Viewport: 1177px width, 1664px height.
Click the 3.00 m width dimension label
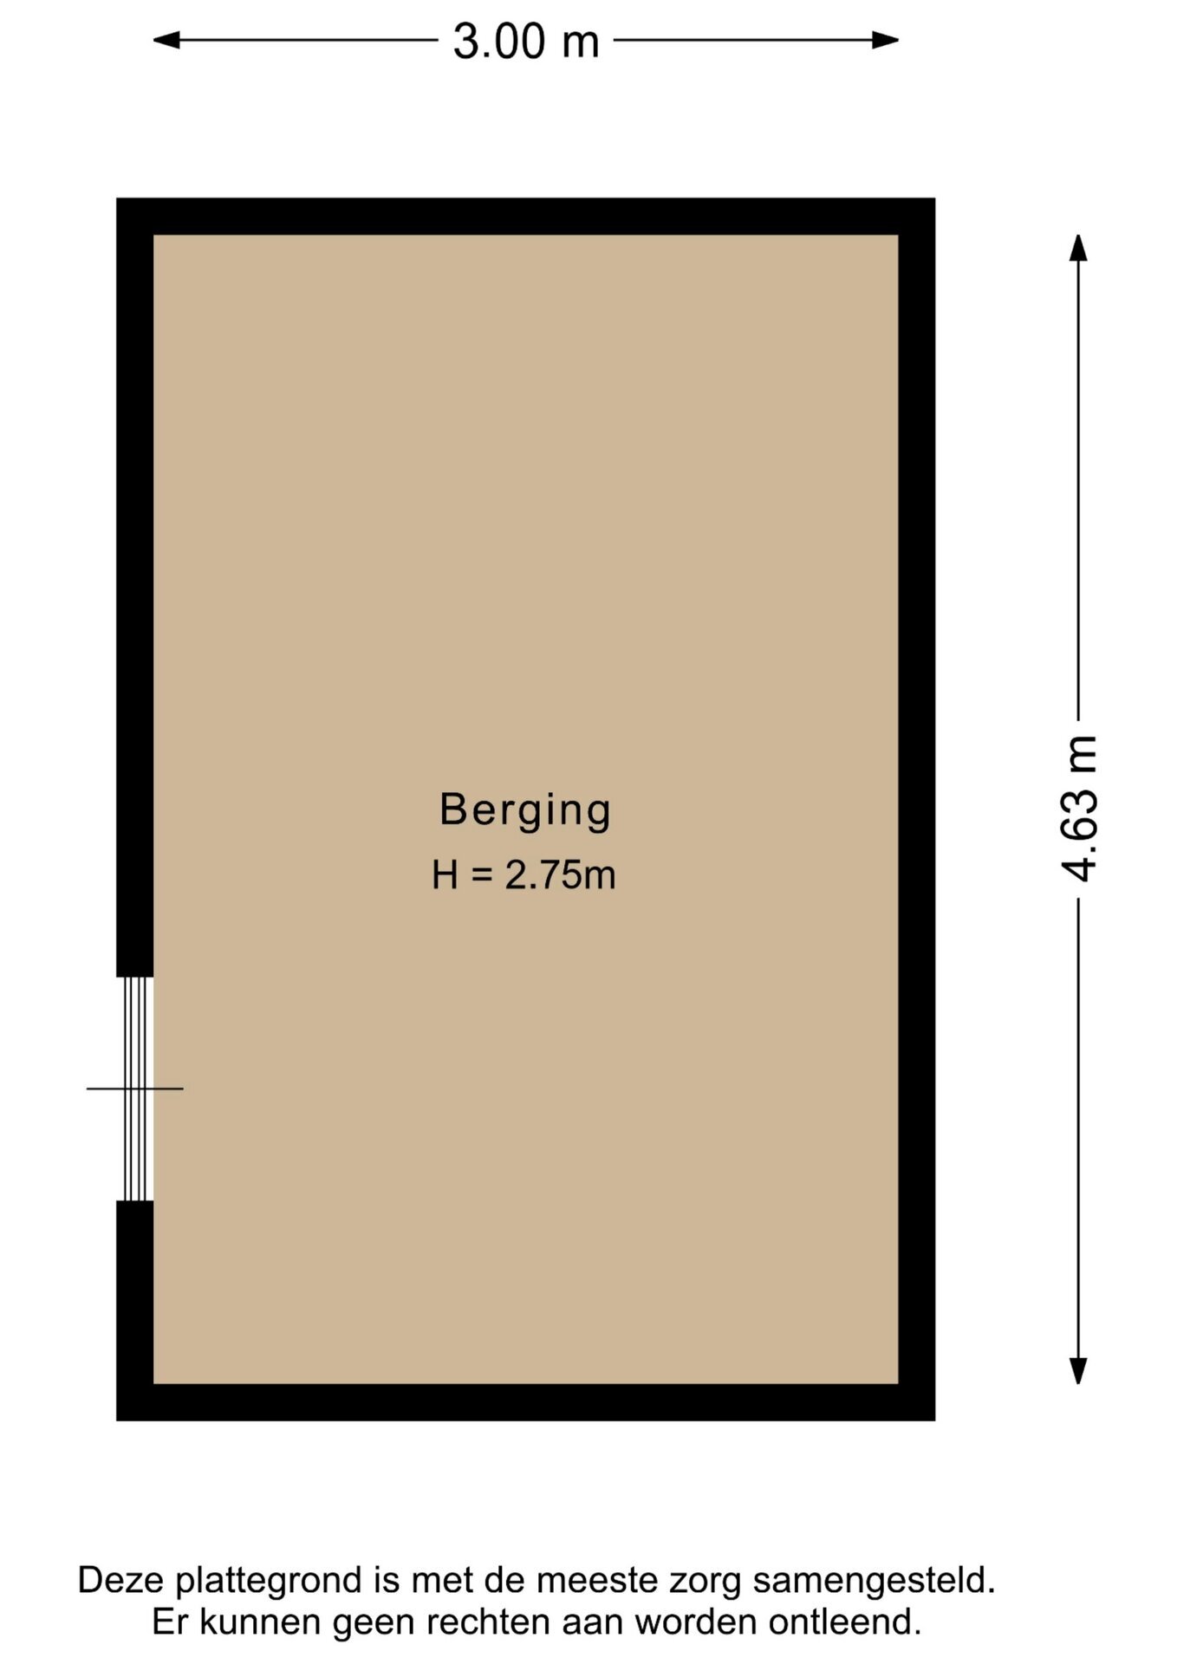click(525, 41)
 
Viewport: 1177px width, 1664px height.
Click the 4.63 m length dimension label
click(1080, 809)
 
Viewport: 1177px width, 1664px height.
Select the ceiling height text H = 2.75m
click(523, 874)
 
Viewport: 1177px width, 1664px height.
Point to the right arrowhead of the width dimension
click(885, 40)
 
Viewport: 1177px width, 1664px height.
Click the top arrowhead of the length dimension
click(1078, 248)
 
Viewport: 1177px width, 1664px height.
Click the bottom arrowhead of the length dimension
click(1078, 1370)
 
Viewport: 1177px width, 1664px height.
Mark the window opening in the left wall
click(135, 1089)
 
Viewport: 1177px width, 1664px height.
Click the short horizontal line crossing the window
click(135, 1089)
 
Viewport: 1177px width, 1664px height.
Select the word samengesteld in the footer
click(874, 1580)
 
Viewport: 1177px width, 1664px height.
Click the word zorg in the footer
click(706, 1583)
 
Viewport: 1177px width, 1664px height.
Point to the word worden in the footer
click(697, 1622)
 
